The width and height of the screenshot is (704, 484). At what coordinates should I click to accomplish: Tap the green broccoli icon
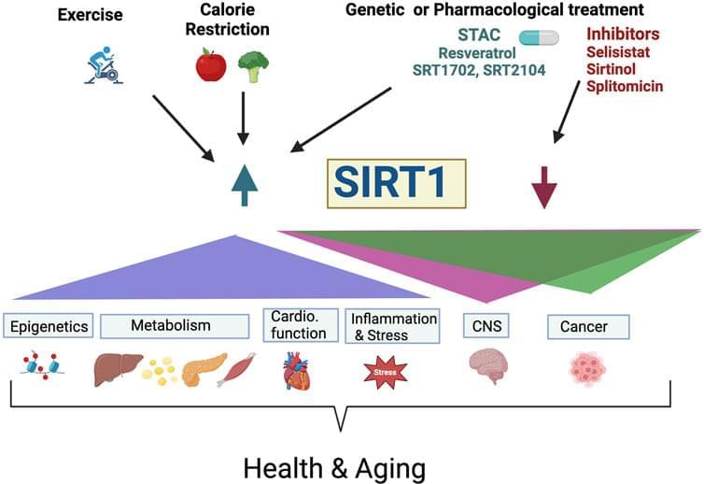(x=252, y=64)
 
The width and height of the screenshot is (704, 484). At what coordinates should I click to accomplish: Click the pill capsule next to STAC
(x=539, y=37)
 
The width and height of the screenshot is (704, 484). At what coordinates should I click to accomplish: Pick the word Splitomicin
(x=625, y=85)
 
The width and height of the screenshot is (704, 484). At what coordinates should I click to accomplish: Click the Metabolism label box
(x=174, y=326)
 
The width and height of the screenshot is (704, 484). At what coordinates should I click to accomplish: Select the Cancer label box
(x=587, y=326)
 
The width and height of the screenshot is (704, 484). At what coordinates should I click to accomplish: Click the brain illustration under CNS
(x=486, y=367)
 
